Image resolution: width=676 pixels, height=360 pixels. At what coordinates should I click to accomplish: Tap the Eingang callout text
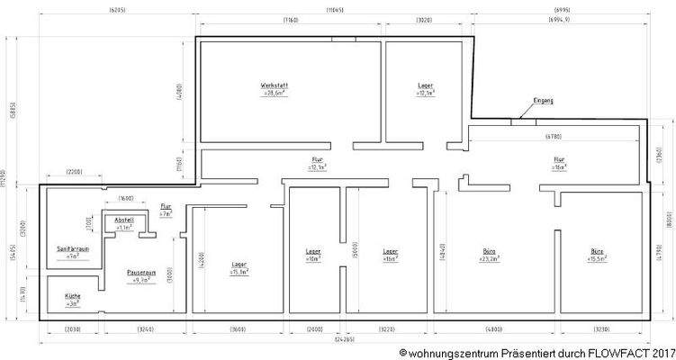tap(543, 100)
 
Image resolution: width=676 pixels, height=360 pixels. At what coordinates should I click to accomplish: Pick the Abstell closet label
tap(123, 220)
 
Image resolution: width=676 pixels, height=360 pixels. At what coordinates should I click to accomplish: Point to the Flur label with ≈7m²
tap(166, 206)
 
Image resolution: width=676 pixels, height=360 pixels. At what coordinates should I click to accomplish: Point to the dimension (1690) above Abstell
tap(126, 197)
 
